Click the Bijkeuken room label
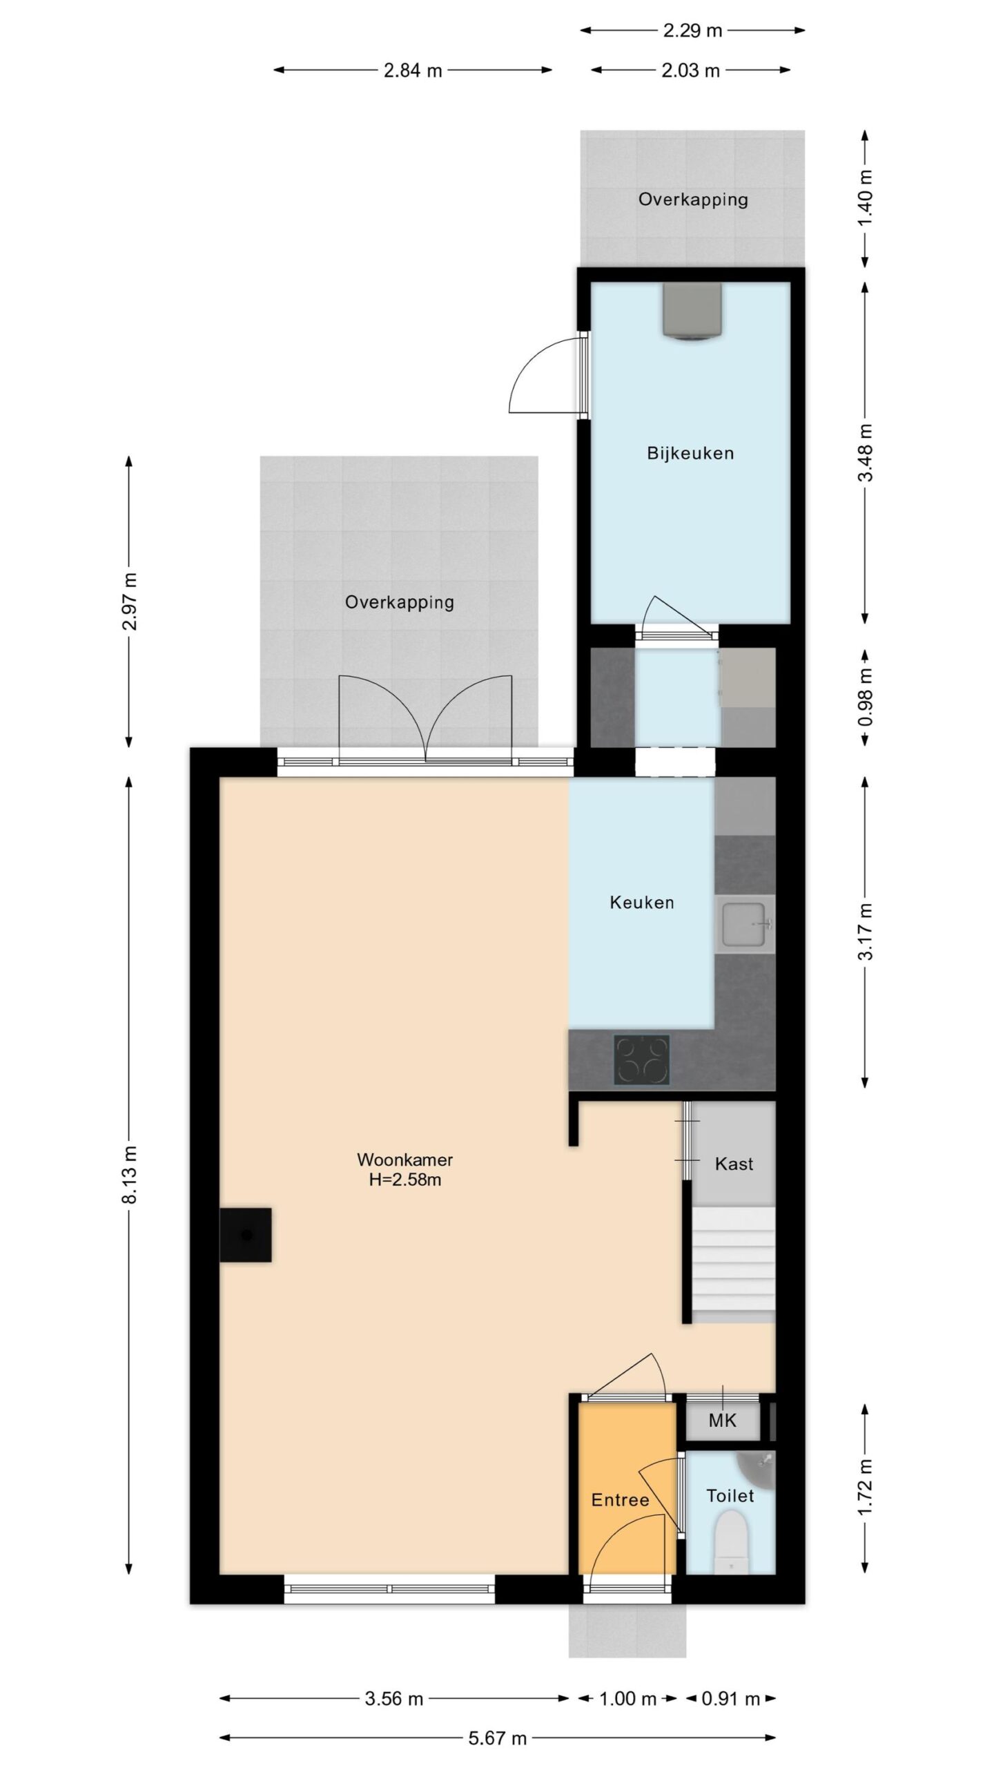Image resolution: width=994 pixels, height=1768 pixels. pos(690,454)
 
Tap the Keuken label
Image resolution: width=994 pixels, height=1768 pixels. pos(641,903)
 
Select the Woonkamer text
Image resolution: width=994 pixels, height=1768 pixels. pos(405,1160)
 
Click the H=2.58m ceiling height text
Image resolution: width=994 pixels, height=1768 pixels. pos(405,1180)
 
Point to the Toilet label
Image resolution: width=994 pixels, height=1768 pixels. pos(730,1496)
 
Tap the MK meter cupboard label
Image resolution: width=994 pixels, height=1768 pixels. pos(722,1421)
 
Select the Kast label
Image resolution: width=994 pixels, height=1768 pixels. pos(734,1164)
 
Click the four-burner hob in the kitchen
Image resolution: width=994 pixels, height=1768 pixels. pos(642,1059)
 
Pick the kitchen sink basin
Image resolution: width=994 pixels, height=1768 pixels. pos(745,923)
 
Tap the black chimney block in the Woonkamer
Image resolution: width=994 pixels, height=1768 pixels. pos(245,1235)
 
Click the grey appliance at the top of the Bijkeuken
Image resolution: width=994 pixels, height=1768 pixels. pos(692,311)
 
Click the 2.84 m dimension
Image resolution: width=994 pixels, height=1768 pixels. pos(413,70)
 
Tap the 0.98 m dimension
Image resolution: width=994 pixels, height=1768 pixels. pos(866,697)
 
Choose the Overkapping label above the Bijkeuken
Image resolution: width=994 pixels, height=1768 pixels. pos(693,200)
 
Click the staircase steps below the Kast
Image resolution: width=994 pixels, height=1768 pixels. pos(734,1265)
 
